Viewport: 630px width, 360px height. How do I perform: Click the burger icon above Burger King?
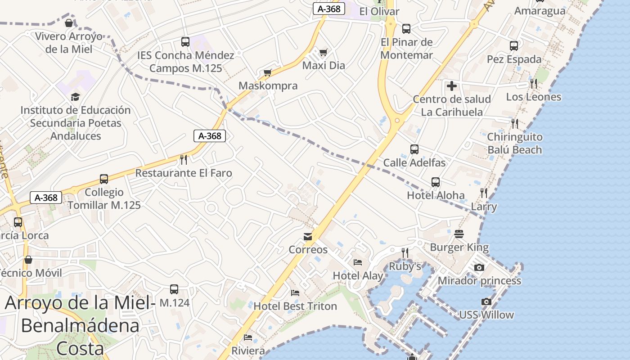(459, 234)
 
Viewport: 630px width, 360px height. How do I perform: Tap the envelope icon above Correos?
(308, 237)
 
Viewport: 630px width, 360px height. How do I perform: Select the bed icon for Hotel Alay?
(358, 262)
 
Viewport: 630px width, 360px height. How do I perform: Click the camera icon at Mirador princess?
(479, 268)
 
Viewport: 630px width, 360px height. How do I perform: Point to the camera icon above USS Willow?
(486, 301)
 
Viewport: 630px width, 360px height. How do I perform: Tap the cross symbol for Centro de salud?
(452, 86)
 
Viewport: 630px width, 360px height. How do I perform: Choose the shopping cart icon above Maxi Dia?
(323, 53)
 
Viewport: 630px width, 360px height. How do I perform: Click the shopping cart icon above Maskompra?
(268, 73)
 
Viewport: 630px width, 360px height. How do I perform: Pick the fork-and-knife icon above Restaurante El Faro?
(184, 159)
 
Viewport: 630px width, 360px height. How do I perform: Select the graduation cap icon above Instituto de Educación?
(75, 97)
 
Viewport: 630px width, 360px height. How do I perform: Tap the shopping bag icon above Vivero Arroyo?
(69, 23)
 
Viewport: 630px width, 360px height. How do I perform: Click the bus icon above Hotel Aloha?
(436, 182)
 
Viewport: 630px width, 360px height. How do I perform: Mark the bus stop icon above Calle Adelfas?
(414, 149)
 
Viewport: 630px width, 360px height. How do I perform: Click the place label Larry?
(484, 207)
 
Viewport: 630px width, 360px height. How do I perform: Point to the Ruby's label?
(405, 266)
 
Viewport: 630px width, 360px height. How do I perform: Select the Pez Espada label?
(514, 59)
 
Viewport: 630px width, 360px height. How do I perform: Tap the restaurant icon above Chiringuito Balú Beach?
(515, 123)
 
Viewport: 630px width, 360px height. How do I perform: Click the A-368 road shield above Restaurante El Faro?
(210, 136)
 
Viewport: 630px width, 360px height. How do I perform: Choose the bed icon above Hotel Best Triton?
(295, 293)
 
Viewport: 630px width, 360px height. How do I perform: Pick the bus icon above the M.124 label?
(174, 289)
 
